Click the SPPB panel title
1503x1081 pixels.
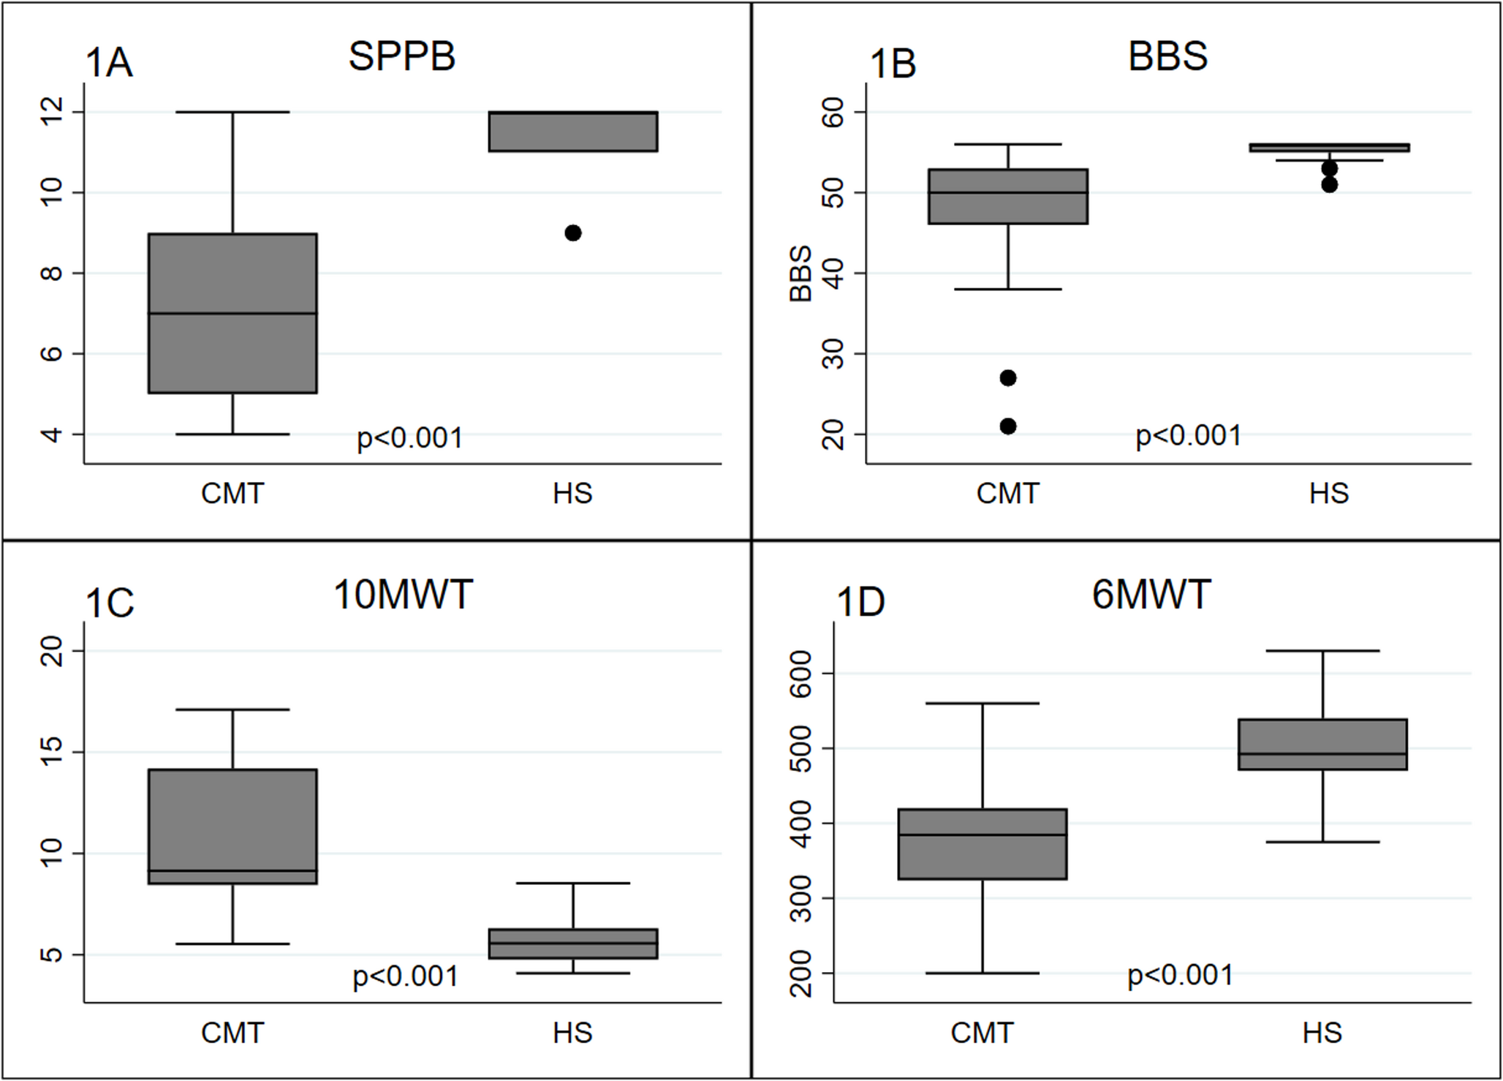[x=401, y=56]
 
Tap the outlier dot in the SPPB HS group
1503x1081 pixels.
[x=573, y=233]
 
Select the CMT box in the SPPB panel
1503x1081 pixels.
[x=232, y=313]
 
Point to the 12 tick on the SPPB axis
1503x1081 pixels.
[x=52, y=112]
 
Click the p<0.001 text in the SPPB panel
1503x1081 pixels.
[x=409, y=438]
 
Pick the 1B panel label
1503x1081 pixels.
[x=892, y=64]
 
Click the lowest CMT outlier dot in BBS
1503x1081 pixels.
[x=1008, y=426]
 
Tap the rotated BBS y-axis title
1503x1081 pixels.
[x=801, y=274]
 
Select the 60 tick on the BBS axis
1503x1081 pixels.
[x=833, y=112]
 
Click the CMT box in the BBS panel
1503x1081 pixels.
[x=1008, y=196]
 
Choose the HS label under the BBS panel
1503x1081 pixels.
[x=1328, y=494]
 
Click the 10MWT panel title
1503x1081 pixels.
[x=403, y=595]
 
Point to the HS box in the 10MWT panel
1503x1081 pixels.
[x=573, y=943]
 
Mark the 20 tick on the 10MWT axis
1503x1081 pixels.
[x=52, y=651]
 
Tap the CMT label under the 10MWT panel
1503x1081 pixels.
[x=232, y=1033]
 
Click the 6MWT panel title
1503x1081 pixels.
[x=1151, y=595]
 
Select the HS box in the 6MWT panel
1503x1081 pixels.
[x=1322, y=745]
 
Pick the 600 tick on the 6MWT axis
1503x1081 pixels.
[x=801, y=674]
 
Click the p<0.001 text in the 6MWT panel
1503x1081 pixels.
[x=1180, y=976]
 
